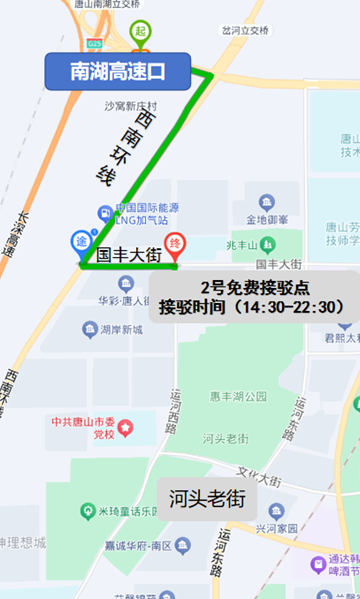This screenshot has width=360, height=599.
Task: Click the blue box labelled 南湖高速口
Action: pyautogui.click(x=118, y=71)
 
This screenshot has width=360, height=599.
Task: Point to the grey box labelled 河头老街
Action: pyautogui.click(x=207, y=497)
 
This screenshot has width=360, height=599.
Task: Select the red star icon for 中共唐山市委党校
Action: pyautogui.click(x=126, y=427)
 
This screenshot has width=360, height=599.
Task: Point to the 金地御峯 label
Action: pyautogui.click(x=267, y=219)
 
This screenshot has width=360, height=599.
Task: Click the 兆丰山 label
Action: pyautogui.click(x=244, y=245)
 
